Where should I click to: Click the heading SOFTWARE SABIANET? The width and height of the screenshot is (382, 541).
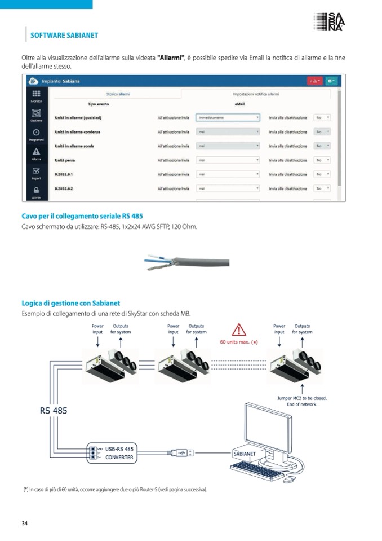click(x=63, y=35)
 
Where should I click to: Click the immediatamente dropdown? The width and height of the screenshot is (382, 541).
click(x=228, y=117)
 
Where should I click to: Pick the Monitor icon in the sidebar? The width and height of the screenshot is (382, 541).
click(x=36, y=95)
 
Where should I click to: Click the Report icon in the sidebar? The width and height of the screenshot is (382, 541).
click(x=36, y=173)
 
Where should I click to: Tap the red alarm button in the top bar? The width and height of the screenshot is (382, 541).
click(x=314, y=81)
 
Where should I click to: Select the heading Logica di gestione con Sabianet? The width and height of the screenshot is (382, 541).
click(x=70, y=303)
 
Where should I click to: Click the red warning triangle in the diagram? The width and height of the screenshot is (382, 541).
click(x=239, y=329)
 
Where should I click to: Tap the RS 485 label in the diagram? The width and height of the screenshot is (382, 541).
click(x=54, y=411)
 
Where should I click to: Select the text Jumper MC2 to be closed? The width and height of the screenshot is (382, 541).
click(x=302, y=398)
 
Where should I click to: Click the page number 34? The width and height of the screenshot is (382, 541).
click(x=24, y=523)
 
